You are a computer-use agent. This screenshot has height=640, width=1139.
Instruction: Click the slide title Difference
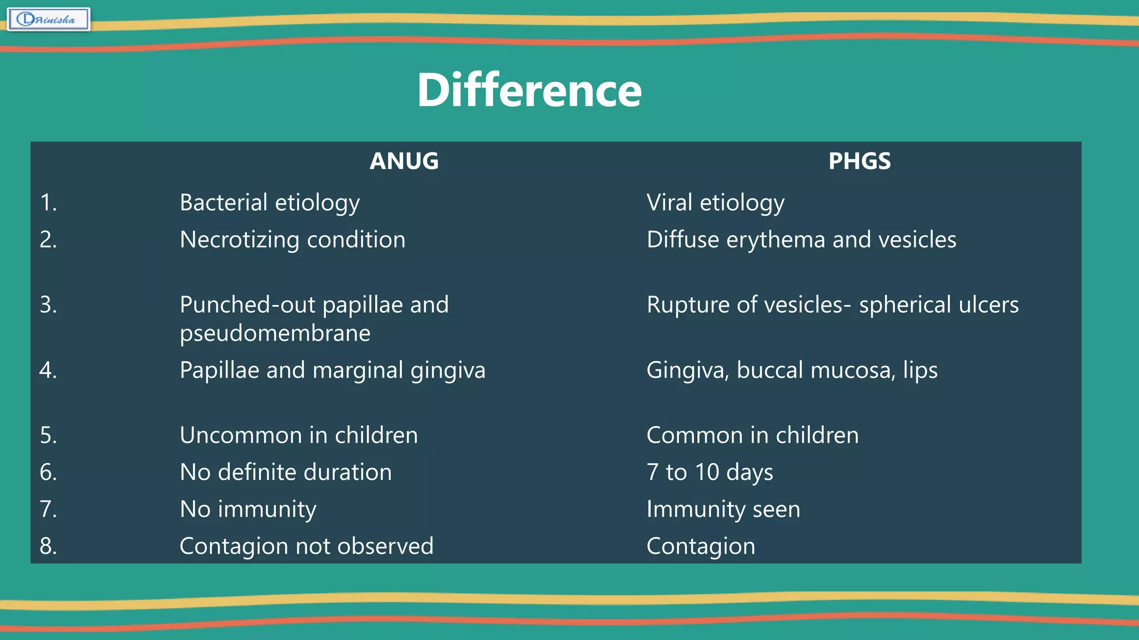[529, 91]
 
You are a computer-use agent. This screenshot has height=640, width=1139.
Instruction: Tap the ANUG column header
[404, 161]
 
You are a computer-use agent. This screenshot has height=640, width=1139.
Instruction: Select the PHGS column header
[859, 161]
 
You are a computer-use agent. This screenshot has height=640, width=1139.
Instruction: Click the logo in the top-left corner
[48, 19]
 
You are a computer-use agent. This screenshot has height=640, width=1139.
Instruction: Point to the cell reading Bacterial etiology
[270, 203]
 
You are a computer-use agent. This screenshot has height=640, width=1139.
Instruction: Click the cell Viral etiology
[715, 203]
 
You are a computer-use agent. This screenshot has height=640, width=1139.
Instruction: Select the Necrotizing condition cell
[293, 240]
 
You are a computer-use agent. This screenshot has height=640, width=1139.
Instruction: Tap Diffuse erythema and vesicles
[801, 240]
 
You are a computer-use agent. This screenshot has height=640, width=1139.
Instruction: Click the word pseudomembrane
[275, 333]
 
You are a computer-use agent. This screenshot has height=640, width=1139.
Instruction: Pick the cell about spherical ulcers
[832, 305]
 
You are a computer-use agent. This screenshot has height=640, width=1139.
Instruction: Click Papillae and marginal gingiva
[332, 371]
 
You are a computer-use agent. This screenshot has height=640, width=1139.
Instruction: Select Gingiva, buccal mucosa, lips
[791, 371]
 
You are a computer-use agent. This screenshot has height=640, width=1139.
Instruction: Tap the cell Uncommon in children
[299, 435]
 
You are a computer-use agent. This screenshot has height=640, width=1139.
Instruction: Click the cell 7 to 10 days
[710, 472]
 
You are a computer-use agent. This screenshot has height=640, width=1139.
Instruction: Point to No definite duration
[286, 472]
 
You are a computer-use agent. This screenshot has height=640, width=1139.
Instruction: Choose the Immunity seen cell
[723, 509]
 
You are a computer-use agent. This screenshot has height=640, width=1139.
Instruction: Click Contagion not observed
[306, 546]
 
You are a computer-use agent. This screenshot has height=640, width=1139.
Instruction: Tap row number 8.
[48, 546]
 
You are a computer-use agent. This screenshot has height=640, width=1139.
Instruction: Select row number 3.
[48, 305]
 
